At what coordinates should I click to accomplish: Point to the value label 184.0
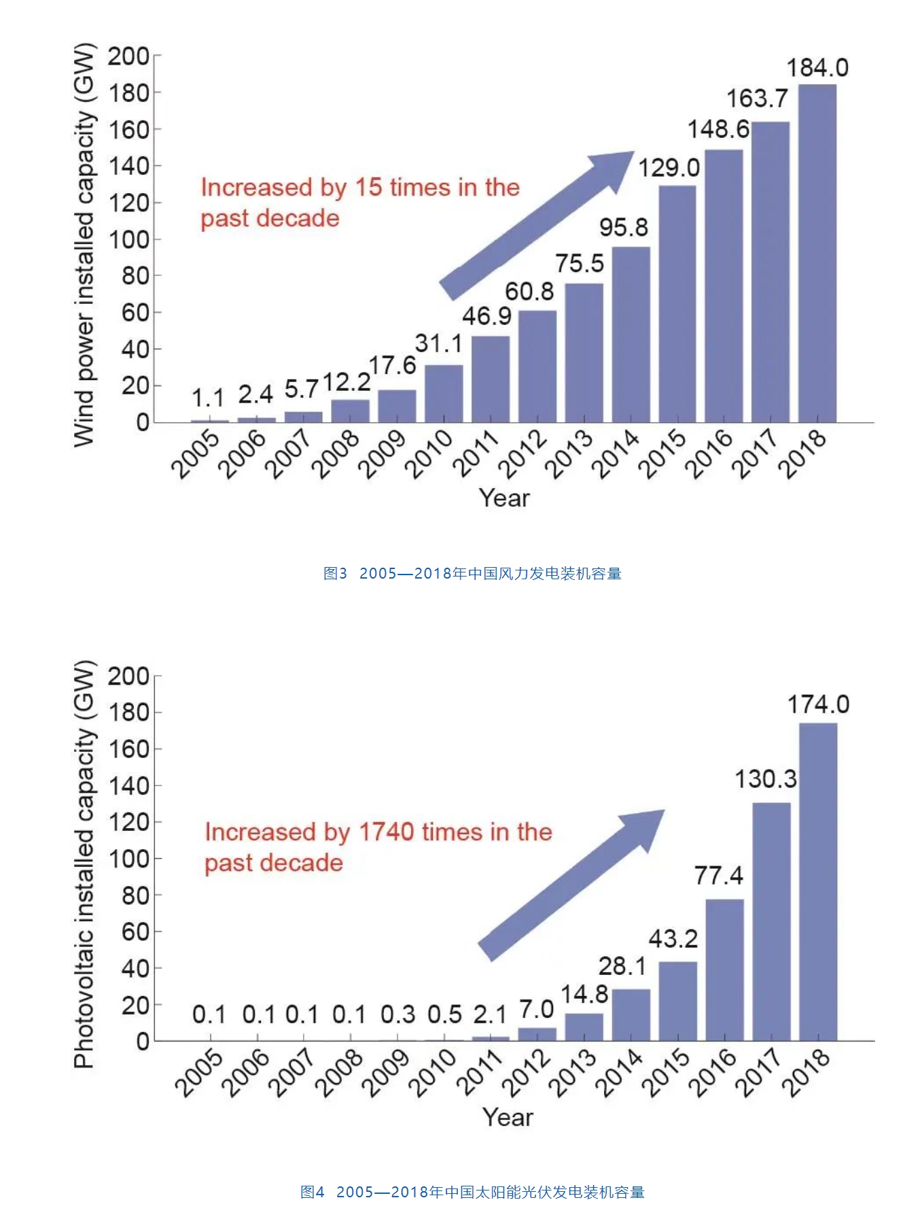pos(817,68)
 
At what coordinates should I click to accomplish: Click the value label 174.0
pos(818,705)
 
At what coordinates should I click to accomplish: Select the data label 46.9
pos(487,316)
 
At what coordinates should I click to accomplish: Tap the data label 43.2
pos(673,939)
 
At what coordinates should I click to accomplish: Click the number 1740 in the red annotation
pos(386,832)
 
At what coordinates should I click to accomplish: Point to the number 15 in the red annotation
pos(369,187)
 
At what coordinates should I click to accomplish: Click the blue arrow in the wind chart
pos(537,224)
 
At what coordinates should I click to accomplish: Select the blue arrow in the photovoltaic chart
pos(571,884)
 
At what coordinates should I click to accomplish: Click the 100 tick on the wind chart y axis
pos(129,239)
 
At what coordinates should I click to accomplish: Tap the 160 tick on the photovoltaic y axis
pos(129,749)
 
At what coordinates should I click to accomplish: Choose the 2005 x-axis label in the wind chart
pos(196,454)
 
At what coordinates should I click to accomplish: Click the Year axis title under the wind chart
pos(504,498)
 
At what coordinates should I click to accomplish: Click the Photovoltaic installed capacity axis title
pos(84,863)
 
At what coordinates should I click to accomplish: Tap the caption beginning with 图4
pos(472,1191)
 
